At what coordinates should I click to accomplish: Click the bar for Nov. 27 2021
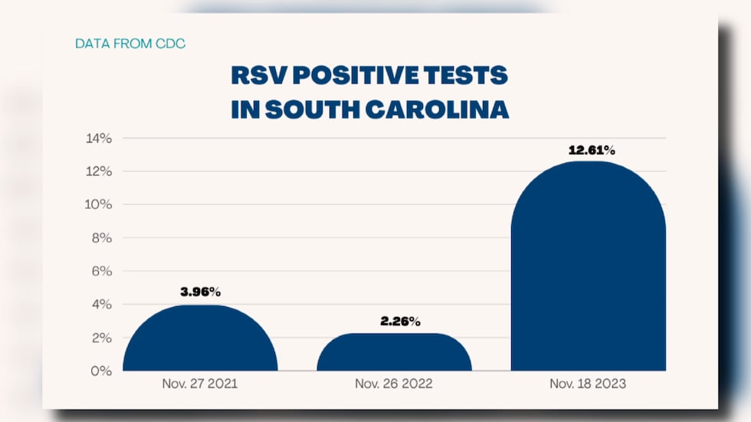[x=200, y=341]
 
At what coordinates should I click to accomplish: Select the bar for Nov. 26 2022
[x=394, y=354]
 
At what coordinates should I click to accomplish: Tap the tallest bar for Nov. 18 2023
[x=588, y=269]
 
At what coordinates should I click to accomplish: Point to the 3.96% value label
[x=200, y=292]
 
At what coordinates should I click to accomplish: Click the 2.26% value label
[x=400, y=321]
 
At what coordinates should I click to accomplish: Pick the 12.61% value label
[x=592, y=150]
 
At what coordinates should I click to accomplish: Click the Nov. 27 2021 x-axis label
[x=201, y=384]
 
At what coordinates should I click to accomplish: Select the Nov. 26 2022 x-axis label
[x=395, y=384]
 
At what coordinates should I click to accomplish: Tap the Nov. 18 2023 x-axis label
[x=589, y=384]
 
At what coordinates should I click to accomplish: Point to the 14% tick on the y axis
[x=99, y=138]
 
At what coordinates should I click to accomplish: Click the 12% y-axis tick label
[x=99, y=171]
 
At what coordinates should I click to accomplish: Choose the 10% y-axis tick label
[x=99, y=205]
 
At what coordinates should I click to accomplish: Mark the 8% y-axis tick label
[x=102, y=238]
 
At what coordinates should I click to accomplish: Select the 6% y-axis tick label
[x=102, y=272]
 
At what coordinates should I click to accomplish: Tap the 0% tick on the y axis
[x=102, y=371]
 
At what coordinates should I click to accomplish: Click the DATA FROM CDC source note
[x=130, y=44]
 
